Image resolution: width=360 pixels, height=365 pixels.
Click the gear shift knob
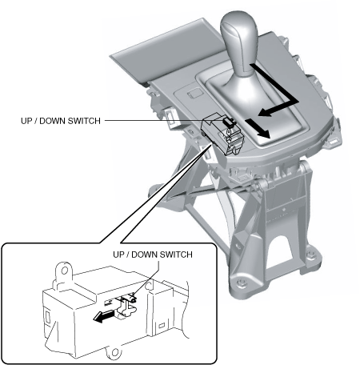[x=238, y=42]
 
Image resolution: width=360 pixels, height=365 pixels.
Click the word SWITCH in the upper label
[x=84, y=121]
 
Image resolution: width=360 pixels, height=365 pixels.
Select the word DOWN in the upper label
[x=52, y=121]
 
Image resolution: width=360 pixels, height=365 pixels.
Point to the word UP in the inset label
[x=118, y=255]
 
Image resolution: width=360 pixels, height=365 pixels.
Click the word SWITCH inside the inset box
[x=176, y=255]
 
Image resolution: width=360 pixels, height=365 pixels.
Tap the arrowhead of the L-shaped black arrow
[x=264, y=111]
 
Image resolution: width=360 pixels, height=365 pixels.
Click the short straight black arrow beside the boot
[x=258, y=129]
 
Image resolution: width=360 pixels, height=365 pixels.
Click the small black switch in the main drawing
[x=227, y=122]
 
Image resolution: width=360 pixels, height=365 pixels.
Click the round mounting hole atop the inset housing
[x=64, y=271]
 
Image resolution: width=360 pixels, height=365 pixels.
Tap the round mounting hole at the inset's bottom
[x=115, y=352]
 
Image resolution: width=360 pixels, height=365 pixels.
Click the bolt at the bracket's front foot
[x=242, y=282]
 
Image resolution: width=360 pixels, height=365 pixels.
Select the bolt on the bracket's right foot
[x=310, y=254]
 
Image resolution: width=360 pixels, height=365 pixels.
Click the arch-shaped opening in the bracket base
[x=282, y=248]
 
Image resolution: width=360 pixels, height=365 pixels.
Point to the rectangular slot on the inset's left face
[x=47, y=316]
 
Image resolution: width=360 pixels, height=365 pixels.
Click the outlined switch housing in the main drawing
[x=222, y=134]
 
